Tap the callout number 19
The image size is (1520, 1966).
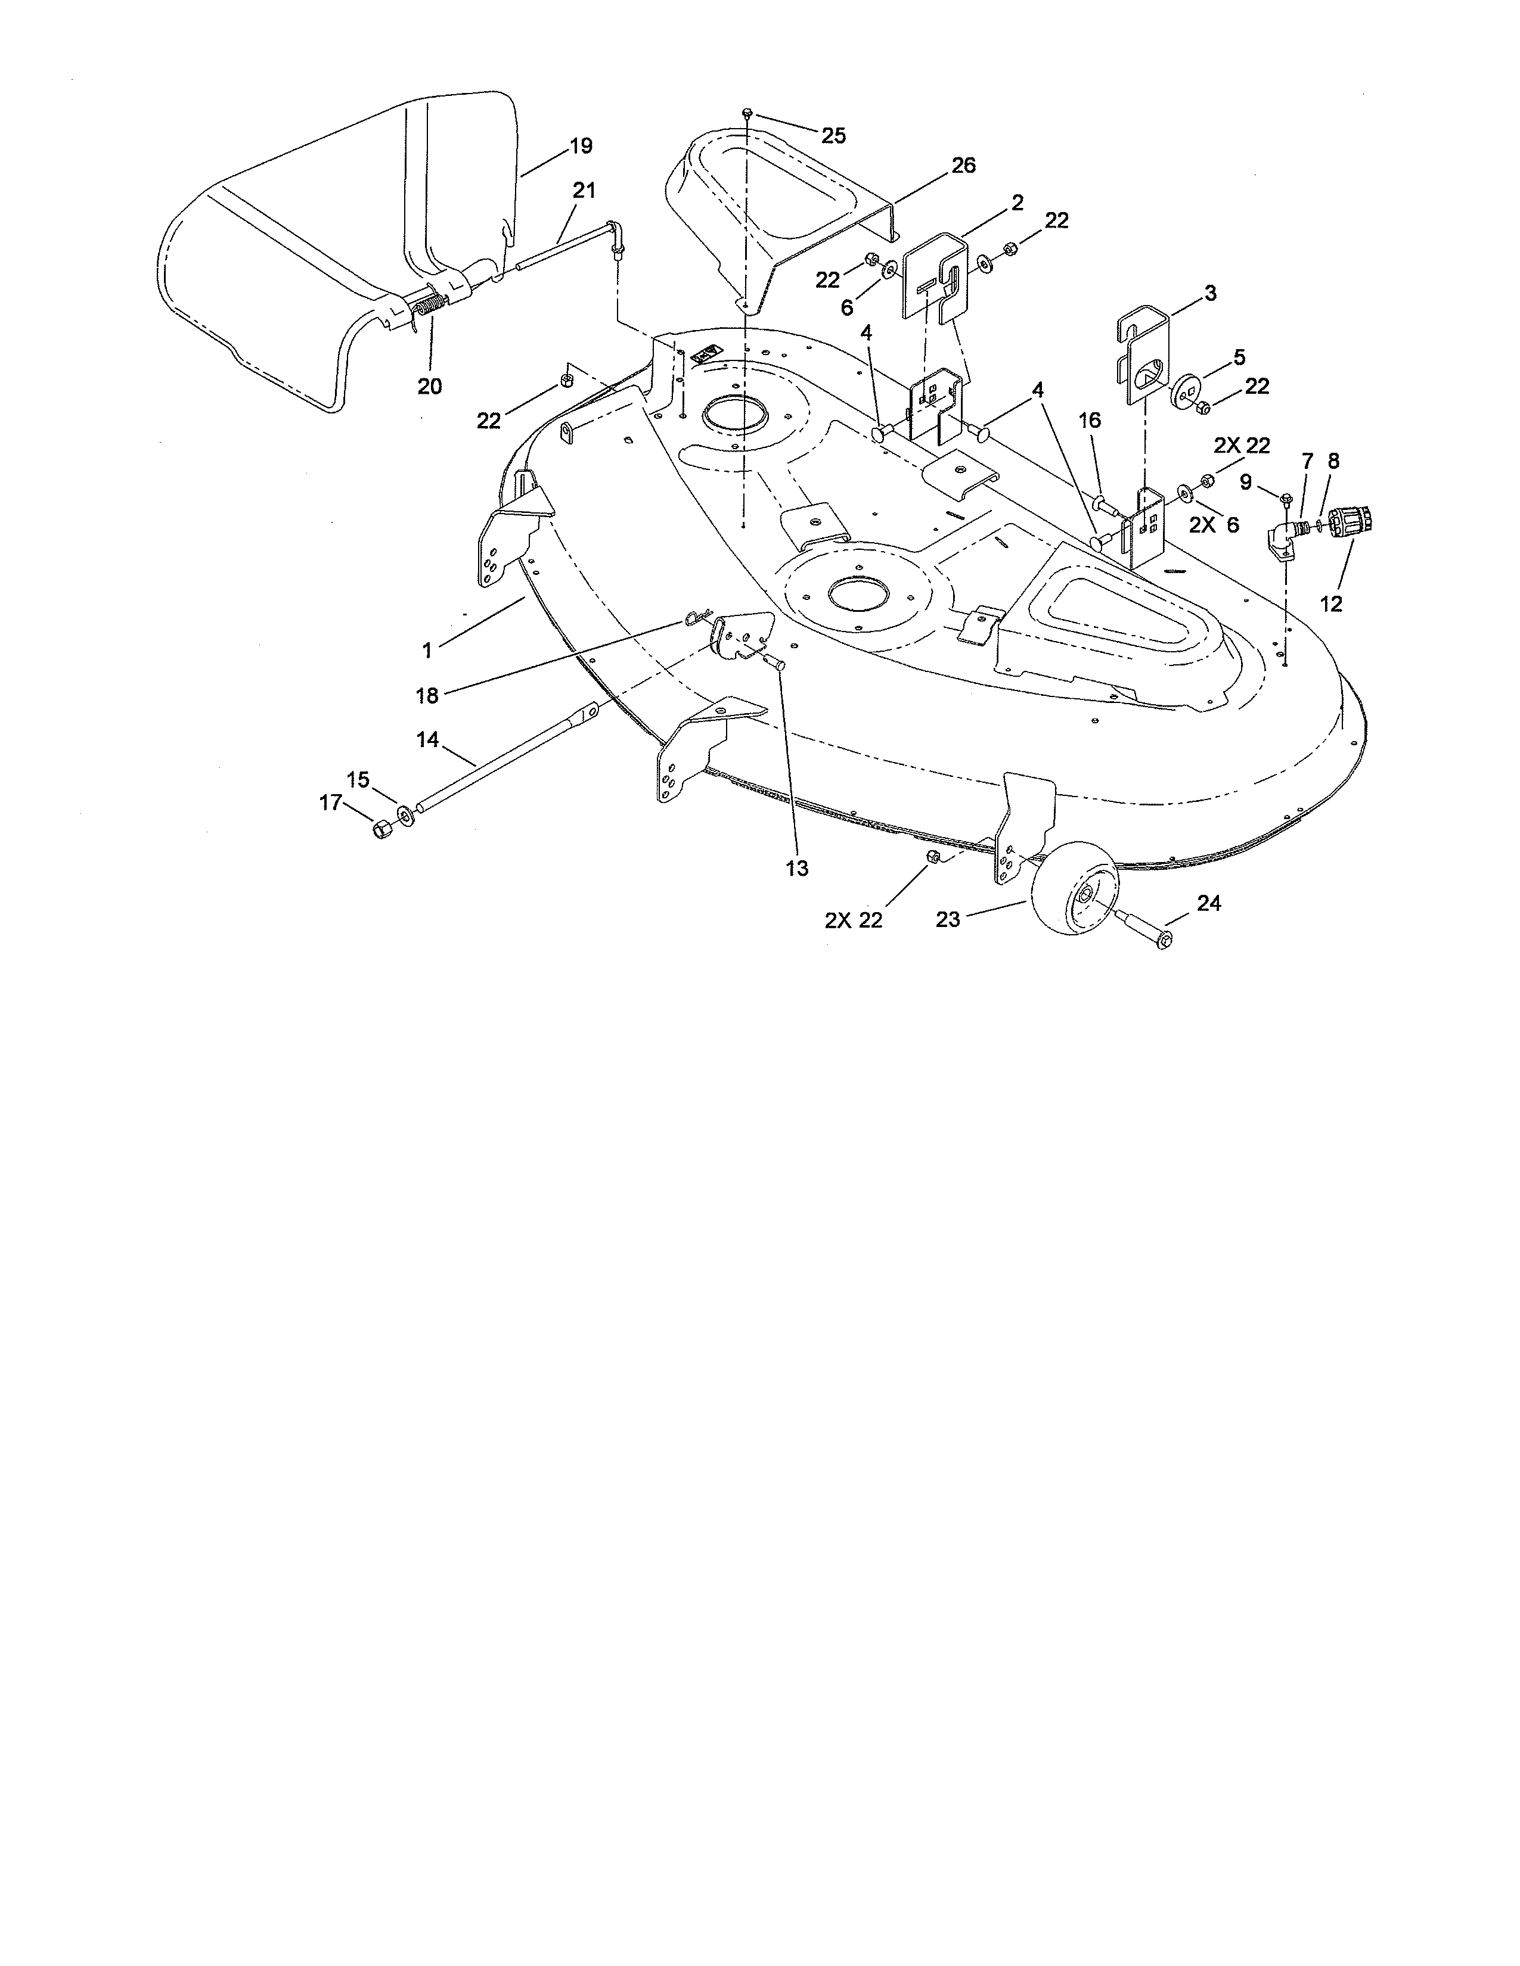pyautogui.click(x=581, y=146)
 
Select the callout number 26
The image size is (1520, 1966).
pyautogui.click(x=963, y=166)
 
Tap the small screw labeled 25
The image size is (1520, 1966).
pyautogui.click(x=747, y=113)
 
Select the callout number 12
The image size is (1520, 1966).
pyautogui.click(x=1330, y=605)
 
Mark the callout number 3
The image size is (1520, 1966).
pyautogui.click(x=1209, y=294)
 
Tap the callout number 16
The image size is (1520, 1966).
pyautogui.click(x=1090, y=421)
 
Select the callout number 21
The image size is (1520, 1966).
pyautogui.click(x=584, y=191)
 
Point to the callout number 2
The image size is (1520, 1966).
pyautogui.click(x=1018, y=203)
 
